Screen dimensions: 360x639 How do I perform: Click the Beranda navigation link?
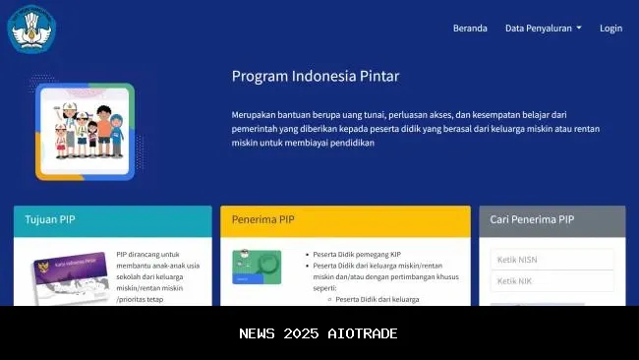(470, 29)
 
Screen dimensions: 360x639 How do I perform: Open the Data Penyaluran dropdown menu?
(543, 29)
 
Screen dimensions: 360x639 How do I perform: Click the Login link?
(610, 29)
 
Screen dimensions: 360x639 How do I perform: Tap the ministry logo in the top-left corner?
(32, 29)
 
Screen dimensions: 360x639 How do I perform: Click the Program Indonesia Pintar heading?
(315, 76)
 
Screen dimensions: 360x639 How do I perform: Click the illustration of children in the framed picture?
(85, 131)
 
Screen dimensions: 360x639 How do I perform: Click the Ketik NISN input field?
(552, 260)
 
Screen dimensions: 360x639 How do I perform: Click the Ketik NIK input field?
(552, 281)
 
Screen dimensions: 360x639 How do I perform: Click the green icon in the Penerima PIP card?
(257, 267)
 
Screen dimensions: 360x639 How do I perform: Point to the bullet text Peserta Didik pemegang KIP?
(356, 254)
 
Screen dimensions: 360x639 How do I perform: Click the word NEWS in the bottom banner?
(259, 333)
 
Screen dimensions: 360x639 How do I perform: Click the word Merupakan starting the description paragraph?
(258, 115)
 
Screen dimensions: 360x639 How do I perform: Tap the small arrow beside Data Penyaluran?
(579, 29)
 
